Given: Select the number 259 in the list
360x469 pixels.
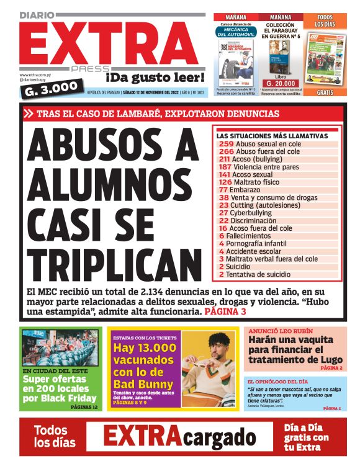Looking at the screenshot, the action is click(226, 144).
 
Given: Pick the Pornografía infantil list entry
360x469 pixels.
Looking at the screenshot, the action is click(261, 244).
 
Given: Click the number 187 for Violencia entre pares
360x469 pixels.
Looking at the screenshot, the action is click(225, 167).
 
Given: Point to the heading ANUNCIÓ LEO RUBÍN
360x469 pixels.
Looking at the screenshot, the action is click(281, 331).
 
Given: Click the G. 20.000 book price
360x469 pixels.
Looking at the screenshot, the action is click(281, 83).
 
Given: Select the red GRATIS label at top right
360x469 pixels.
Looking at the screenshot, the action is click(325, 93).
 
